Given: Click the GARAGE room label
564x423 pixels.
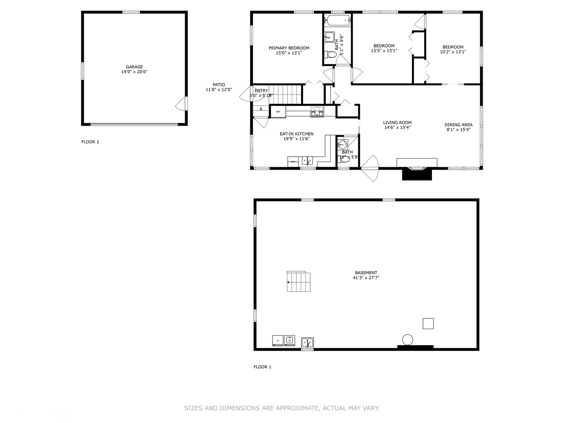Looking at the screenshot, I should pyautogui.click(x=134, y=67).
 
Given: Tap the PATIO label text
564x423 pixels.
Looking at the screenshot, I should pyautogui.click(x=219, y=85).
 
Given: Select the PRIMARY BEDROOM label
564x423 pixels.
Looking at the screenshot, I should pyautogui.click(x=289, y=48).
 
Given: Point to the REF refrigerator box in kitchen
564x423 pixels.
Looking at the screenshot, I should pyautogui.click(x=278, y=112).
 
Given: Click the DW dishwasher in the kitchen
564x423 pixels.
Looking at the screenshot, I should pyautogui.click(x=293, y=161).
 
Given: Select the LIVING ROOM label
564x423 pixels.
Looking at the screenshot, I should pyautogui.click(x=397, y=123).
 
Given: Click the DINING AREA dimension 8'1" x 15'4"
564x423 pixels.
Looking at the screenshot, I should pyautogui.click(x=458, y=130).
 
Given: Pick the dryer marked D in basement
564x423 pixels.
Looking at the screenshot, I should pyautogui.click(x=278, y=340).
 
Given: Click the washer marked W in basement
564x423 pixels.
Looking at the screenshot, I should pyautogui.click(x=289, y=340).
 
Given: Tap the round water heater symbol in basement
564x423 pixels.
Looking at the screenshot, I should pyautogui.click(x=407, y=340).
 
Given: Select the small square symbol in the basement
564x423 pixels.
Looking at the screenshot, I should pyautogui.click(x=428, y=324).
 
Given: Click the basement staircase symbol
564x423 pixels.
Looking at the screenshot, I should pyautogui.click(x=299, y=282).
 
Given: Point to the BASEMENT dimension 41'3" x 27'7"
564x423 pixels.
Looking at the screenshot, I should pyautogui.click(x=366, y=278).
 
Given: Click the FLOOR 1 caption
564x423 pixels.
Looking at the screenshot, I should pyautogui.click(x=262, y=367).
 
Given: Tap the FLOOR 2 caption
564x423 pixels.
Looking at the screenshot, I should pyautogui.click(x=90, y=142).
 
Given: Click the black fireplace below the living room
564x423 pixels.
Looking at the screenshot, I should pyautogui.click(x=417, y=174).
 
